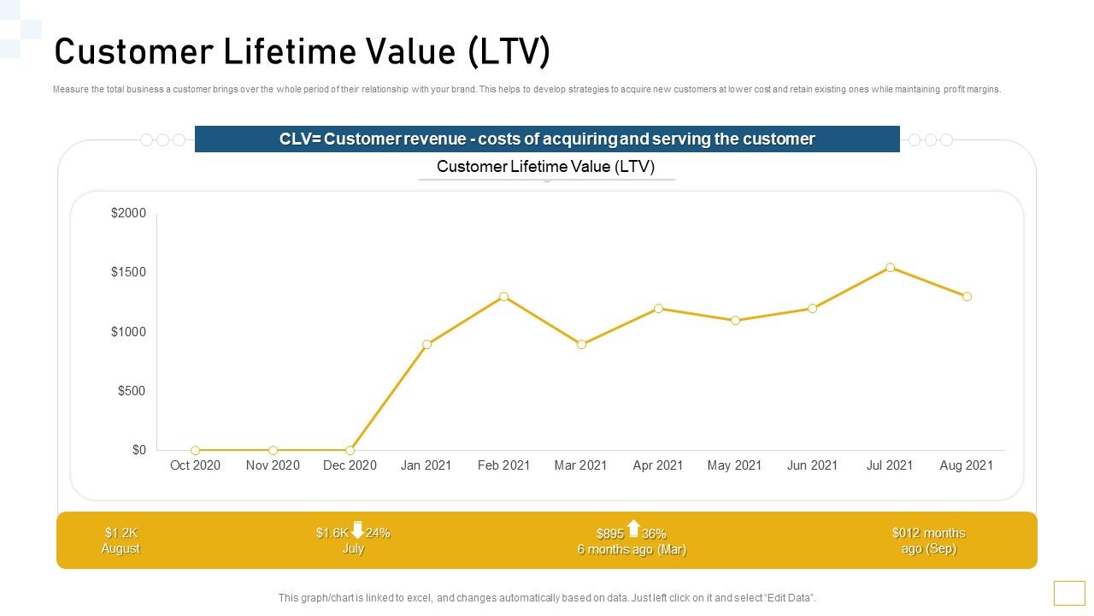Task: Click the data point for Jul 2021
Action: (890, 268)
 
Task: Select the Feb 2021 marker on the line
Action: (504, 297)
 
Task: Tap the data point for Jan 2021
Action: (426, 344)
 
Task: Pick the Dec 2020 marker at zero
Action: (350, 450)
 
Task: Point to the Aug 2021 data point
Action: (967, 297)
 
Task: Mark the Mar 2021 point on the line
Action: (581, 344)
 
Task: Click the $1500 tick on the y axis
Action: (128, 272)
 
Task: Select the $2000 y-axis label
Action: (128, 213)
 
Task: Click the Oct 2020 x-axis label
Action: (195, 465)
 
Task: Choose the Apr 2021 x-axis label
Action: (657, 465)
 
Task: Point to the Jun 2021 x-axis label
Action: (812, 465)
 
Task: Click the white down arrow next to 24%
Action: (357, 530)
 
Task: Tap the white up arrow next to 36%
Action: (633, 529)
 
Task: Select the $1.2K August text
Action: (121, 541)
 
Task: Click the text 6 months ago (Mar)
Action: (632, 549)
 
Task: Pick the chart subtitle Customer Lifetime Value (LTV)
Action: (545, 167)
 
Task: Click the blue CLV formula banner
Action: (547, 139)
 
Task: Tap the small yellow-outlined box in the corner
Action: (1069, 593)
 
